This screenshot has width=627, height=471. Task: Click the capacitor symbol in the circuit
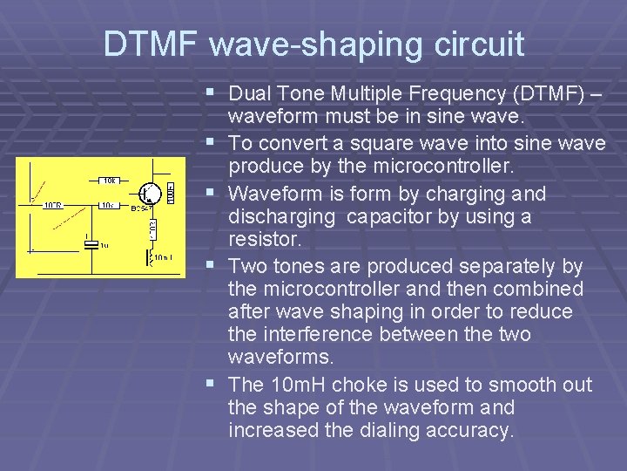(x=91, y=245)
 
